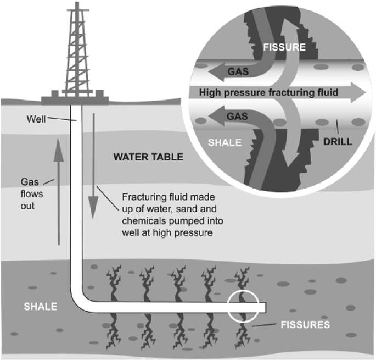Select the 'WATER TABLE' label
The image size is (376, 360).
click(148, 157)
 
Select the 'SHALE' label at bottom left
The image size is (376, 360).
click(39, 306)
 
